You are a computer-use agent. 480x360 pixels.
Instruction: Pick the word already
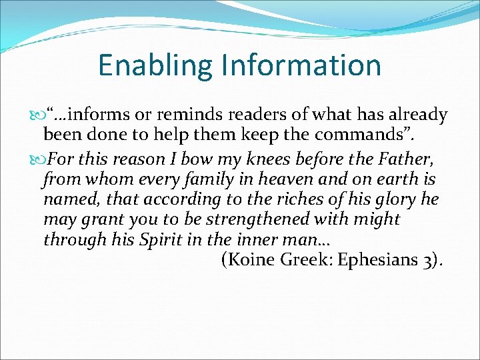(418, 115)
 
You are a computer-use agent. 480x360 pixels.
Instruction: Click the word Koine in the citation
(251, 260)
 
